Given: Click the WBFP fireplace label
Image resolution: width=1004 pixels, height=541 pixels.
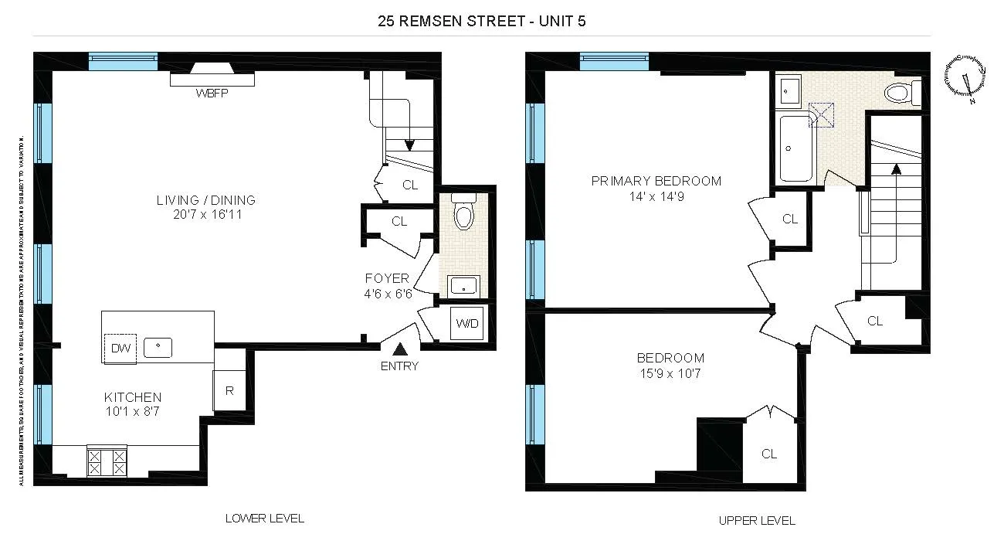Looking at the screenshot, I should [212, 94].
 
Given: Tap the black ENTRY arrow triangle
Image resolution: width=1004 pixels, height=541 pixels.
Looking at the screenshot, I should [399, 350].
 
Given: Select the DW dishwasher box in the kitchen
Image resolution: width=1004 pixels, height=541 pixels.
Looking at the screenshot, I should [120, 348].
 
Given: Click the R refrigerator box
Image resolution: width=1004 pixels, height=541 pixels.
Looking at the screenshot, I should [229, 390].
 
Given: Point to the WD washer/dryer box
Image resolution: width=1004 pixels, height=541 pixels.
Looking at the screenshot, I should [467, 323].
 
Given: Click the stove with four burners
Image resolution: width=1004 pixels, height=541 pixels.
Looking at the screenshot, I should [107, 462].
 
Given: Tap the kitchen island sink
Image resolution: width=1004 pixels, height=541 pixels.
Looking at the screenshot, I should [160, 347].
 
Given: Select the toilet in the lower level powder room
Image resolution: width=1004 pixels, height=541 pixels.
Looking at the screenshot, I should [463, 214].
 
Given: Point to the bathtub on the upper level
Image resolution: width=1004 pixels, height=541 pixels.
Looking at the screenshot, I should [792, 147].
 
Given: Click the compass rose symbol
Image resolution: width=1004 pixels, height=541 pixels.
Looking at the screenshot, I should [965, 76].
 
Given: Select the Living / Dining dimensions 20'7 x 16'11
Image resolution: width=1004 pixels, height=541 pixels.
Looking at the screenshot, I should [205, 215].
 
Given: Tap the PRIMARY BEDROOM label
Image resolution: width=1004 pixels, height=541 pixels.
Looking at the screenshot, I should [656, 181].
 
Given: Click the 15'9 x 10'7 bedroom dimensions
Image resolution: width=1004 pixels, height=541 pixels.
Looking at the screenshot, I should [670, 374].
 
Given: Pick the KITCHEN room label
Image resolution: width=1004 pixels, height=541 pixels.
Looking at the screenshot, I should [133, 397].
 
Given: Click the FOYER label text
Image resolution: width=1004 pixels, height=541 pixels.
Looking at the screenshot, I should [387, 278].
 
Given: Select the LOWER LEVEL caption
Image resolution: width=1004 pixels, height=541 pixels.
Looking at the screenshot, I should [264, 518].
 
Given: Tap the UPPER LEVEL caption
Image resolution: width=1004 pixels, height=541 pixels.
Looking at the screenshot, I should [757, 520].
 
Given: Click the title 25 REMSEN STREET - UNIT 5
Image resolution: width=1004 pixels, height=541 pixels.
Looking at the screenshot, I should [482, 21].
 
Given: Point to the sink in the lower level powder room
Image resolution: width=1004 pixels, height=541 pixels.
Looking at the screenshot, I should [463, 287].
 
